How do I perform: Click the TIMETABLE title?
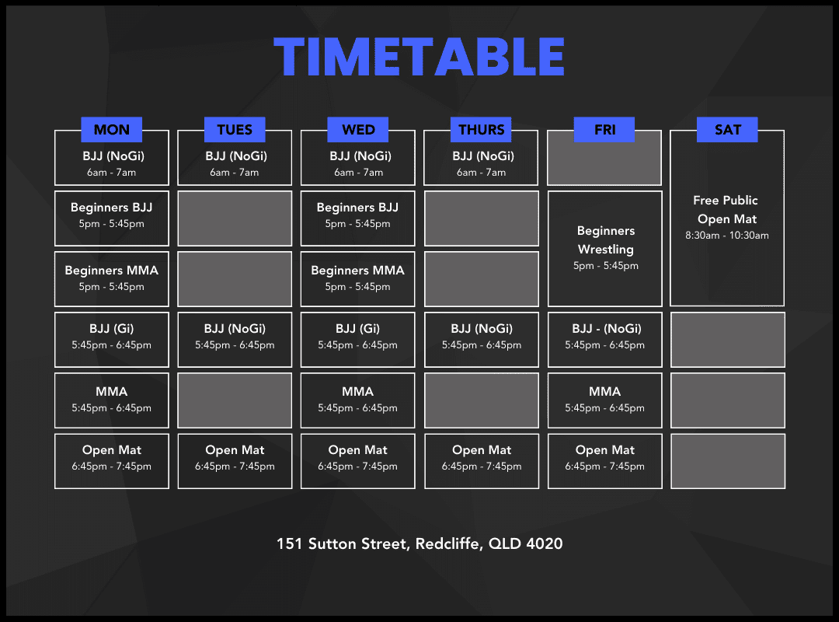click(419, 57)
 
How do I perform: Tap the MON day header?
click(111, 130)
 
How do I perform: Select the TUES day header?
click(235, 130)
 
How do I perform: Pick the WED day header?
click(358, 130)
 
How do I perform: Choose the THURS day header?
click(481, 130)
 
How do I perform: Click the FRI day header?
click(604, 130)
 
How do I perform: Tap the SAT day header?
click(727, 130)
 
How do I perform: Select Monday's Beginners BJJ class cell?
click(112, 218)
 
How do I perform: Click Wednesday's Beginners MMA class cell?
click(358, 279)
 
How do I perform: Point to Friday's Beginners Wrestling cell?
click(604, 249)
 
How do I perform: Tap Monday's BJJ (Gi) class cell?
click(112, 340)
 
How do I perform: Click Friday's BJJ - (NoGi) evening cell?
click(604, 340)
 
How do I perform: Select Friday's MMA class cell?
click(604, 400)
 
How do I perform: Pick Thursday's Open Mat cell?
click(482, 461)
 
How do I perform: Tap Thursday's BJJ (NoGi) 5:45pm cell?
click(482, 340)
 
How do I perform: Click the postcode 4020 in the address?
click(544, 543)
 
